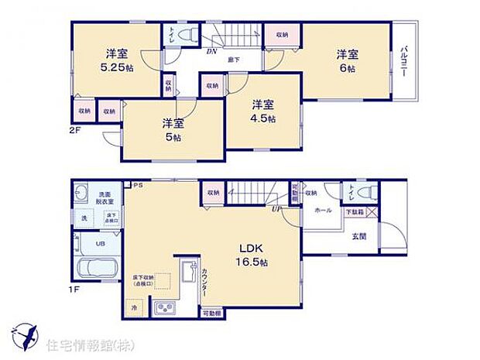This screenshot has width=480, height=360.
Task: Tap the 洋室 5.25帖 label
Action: click(118, 60)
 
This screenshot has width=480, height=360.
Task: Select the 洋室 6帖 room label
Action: click(345, 61)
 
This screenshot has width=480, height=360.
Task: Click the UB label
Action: click(101, 243)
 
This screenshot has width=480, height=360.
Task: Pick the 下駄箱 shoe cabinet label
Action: click(353, 211)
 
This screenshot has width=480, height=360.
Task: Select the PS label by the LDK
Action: click(138, 186)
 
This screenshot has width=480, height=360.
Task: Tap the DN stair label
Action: click(211, 52)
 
